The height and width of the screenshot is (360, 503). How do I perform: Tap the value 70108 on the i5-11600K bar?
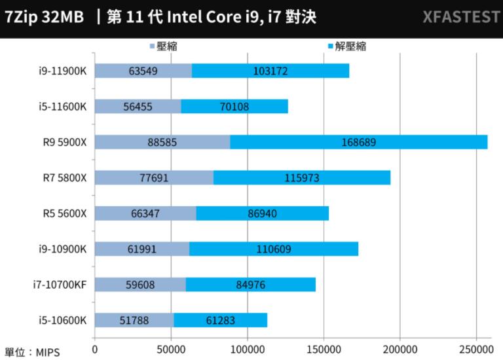coord(234,106)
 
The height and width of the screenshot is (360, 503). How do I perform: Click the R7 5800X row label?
coord(68,177)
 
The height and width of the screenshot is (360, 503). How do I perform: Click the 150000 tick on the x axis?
coord(324,350)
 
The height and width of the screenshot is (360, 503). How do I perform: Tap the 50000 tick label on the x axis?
coord(171,350)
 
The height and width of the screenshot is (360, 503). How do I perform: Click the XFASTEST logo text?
coord(460,17)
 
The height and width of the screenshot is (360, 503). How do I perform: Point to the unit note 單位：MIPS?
coord(32,352)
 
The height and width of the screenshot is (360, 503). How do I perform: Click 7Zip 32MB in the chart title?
coord(44,17)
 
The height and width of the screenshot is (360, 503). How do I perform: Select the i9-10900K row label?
coord(63,249)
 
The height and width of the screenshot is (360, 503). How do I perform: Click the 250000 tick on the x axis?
coord(477,350)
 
